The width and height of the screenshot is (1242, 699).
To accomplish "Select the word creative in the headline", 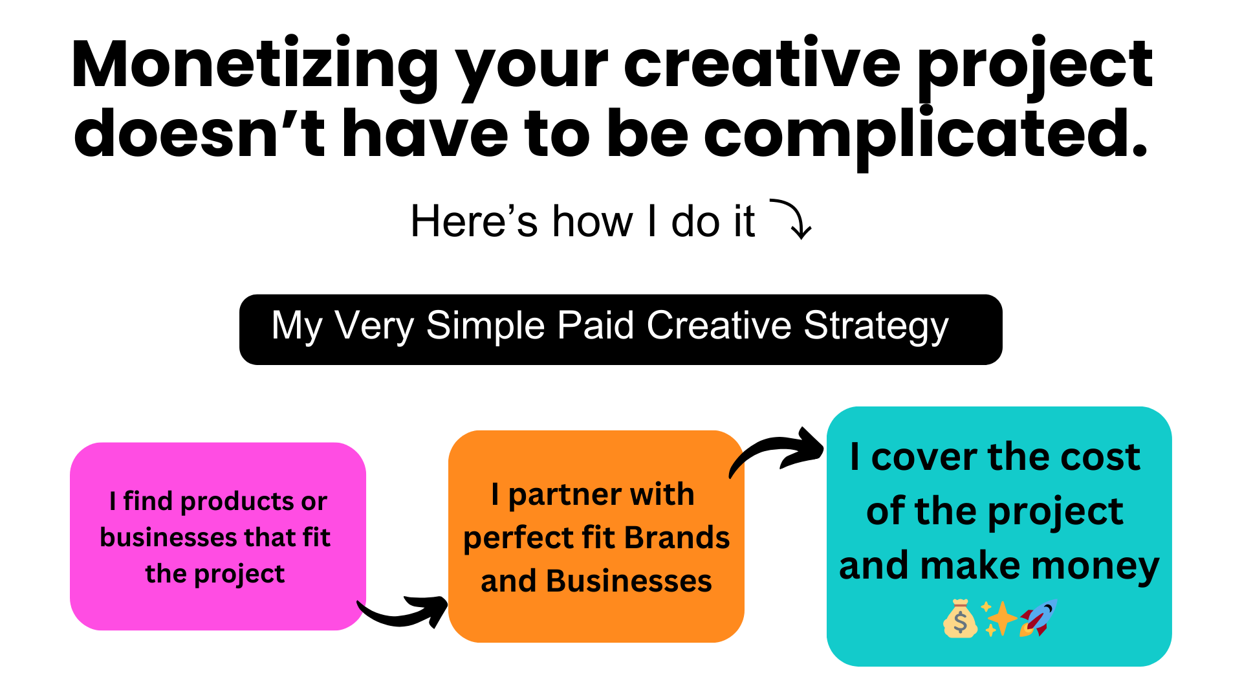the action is (x=762, y=64).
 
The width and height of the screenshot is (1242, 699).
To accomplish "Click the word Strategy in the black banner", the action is (x=876, y=326).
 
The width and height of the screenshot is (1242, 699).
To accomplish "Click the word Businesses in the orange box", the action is (x=629, y=581).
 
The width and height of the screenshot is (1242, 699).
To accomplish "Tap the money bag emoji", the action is (x=960, y=619).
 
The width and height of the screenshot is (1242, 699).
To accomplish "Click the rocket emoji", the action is (x=1038, y=618).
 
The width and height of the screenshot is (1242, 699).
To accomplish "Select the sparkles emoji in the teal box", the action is (x=999, y=619).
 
